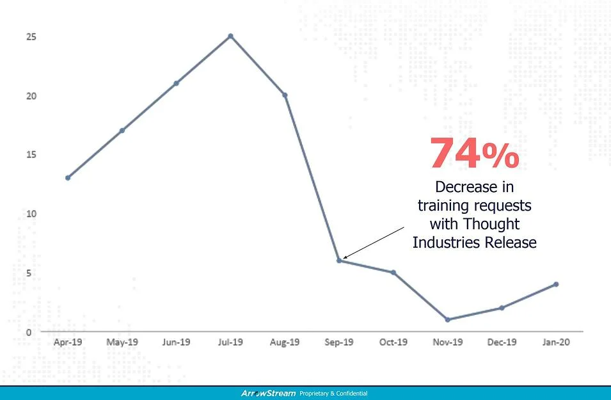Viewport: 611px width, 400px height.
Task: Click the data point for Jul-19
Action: point(230,36)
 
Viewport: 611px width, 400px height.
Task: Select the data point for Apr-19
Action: point(68,178)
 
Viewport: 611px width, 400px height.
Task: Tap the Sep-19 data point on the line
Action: point(339,260)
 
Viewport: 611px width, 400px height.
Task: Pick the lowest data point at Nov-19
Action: point(447,319)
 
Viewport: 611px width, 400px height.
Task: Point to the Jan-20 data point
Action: point(556,284)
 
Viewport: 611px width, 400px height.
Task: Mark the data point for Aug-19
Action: point(285,95)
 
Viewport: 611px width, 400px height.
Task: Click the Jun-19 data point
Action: point(176,83)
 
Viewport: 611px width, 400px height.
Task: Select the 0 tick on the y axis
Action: point(29,332)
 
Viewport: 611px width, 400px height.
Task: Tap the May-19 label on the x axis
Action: point(122,342)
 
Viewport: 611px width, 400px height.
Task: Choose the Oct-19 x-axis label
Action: point(393,342)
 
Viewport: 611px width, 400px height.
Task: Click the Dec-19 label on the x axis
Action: point(502,342)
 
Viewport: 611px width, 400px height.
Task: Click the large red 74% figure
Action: point(474,154)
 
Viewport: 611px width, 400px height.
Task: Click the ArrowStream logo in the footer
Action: point(268,393)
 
